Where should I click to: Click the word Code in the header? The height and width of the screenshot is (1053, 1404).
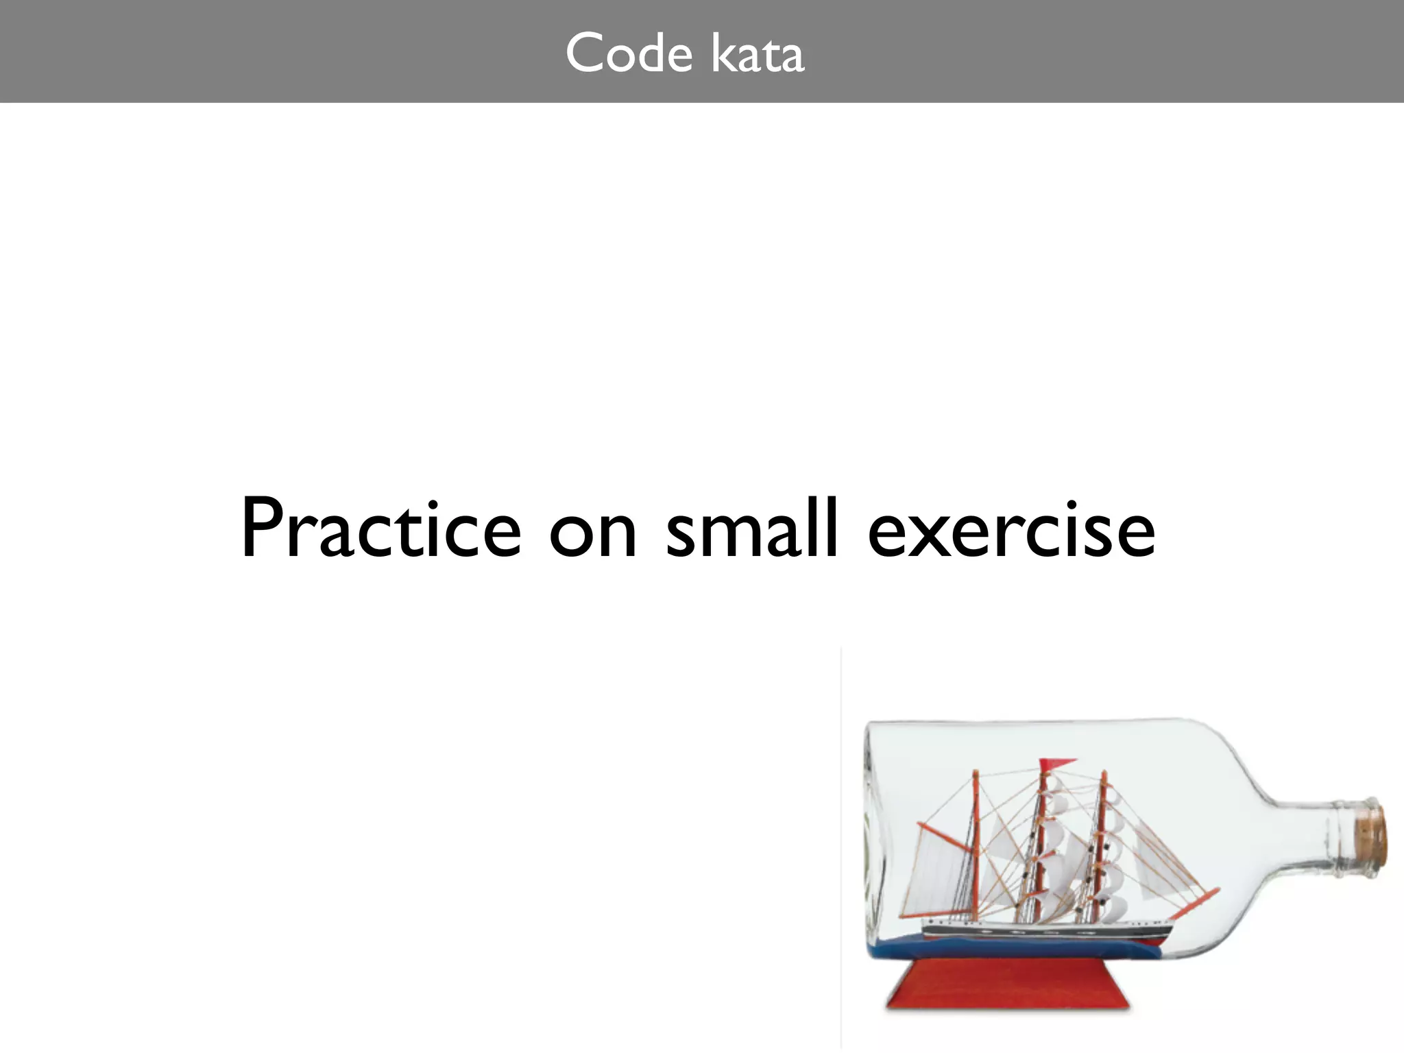coord(629,53)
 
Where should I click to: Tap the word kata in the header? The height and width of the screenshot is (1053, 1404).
coord(758,53)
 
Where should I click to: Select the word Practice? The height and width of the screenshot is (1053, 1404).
coord(381,529)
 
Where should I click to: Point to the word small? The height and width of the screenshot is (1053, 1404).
coord(753,529)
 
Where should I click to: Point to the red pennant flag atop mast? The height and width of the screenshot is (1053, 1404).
coord(1056,764)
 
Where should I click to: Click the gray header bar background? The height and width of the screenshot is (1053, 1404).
coord(274,51)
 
